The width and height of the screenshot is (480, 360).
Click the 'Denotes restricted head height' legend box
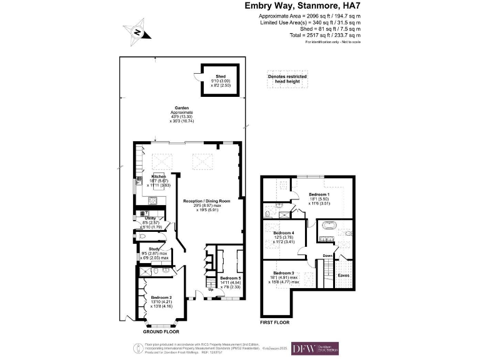point(287,79)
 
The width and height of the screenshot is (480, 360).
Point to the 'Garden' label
point(182,107)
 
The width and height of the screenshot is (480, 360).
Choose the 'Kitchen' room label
point(158,177)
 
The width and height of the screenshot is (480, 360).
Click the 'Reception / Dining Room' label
point(206,201)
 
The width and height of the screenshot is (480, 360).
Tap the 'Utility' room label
point(151,218)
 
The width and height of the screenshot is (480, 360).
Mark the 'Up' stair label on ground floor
point(211,289)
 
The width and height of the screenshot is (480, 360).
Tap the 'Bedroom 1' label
point(319,194)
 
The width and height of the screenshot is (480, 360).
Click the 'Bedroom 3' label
point(284,274)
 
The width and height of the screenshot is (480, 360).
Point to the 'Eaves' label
point(344,275)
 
